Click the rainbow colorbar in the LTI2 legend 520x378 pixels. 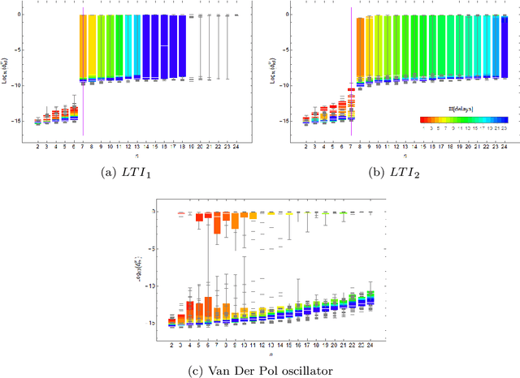pos(463,119)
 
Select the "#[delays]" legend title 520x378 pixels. pos(465,109)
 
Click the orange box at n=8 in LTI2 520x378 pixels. pos(360,49)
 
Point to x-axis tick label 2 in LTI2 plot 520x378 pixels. pos(305,146)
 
